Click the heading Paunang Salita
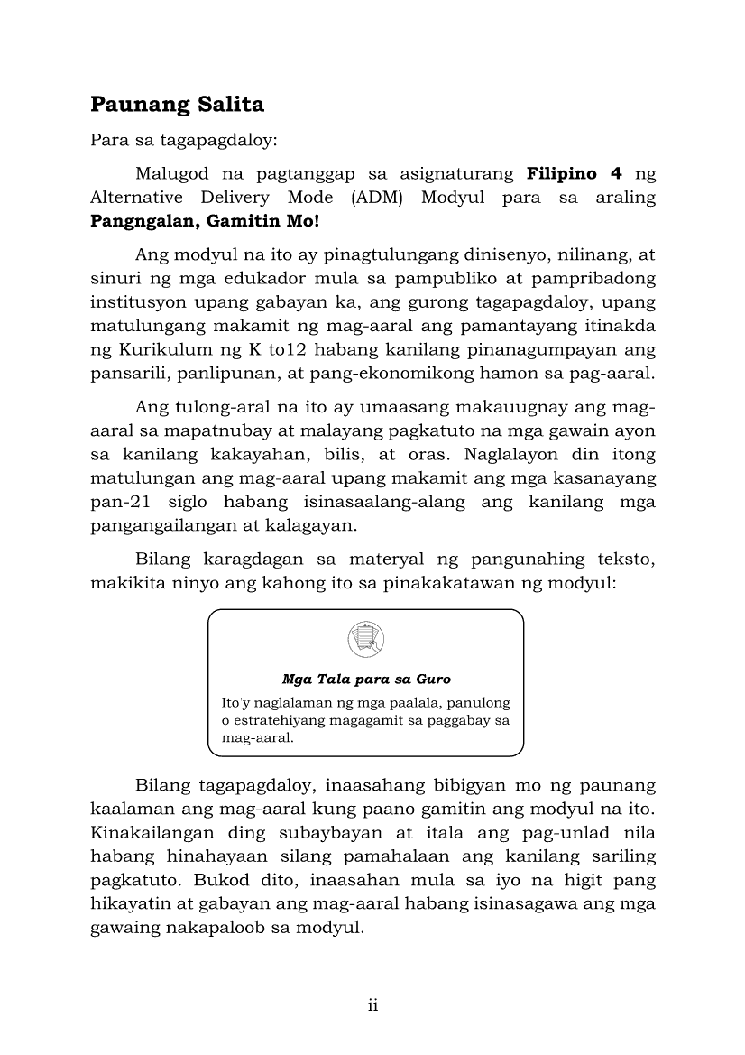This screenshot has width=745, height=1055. pyautogui.click(x=177, y=105)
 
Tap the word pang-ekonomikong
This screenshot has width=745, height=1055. pyautogui.click(x=372, y=374)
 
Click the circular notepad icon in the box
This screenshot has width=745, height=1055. pyautogui.click(x=365, y=640)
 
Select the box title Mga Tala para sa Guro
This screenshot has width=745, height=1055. pyautogui.click(x=365, y=679)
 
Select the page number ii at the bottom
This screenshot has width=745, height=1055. pyautogui.click(x=372, y=1006)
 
